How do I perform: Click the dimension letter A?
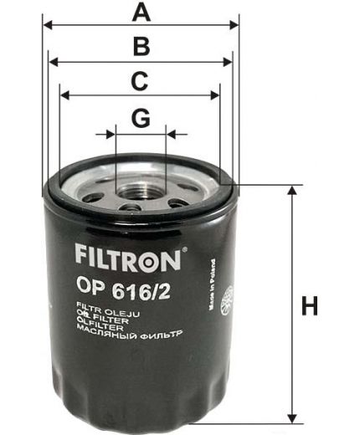pyautogui.click(x=142, y=13)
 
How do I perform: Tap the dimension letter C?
pyautogui.click(x=140, y=81)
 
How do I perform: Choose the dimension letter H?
pyautogui.click(x=311, y=306)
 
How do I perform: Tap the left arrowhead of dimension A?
pyautogui.click(x=47, y=25)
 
